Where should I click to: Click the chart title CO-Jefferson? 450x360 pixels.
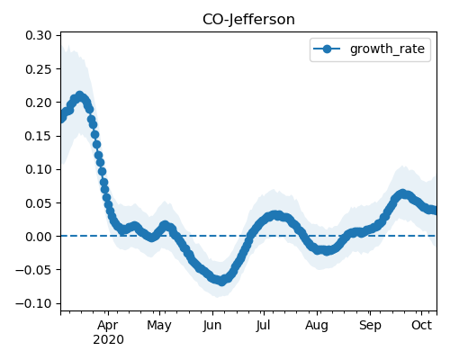pyautogui.click(x=248, y=20)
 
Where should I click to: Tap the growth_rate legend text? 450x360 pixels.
pyautogui.click(x=387, y=49)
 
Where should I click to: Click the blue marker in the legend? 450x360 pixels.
pyautogui.click(x=327, y=49)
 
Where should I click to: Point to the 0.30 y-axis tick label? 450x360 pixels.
pyautogui.click(x=39, y=35)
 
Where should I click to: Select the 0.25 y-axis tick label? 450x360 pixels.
pyautogui.click(x=39, y=69)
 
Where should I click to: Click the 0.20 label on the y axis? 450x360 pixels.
pyautogui.click(x=39, y=103)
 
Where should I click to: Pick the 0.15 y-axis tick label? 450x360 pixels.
pyautogui.click(x=39, y=136)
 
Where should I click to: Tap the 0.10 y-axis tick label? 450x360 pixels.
pyautogui.click(x=39, y=169)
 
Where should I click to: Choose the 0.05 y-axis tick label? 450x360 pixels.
pyautogui.click(x=39, y=203)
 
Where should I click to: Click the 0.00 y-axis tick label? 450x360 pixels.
pyautogui.click(x=39, y=237)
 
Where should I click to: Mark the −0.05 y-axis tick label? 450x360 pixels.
pyautogui.click(x=34, y=270)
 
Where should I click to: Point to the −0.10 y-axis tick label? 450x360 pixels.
pyautogui.click(x=34, y=303)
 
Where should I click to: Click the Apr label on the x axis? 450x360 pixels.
pyautogui.click(x=108, y=326)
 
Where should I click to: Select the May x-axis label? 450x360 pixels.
pyautogui.click(x=159, y=326)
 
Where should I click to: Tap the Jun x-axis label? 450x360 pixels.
pyautogui.click(x=212, y=326)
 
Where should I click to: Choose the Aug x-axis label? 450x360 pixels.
pyautogui.click(x=317, y=326)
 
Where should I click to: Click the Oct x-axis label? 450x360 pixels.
pyautogui.click(x=421, y=325)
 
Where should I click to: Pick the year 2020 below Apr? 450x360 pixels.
pyautogui.click(x=108, y=340)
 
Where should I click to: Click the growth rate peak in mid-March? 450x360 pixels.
pyautogui.click(x=79, y=96)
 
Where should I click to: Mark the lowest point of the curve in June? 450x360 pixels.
pyautogui.click(x=221, y=282)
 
